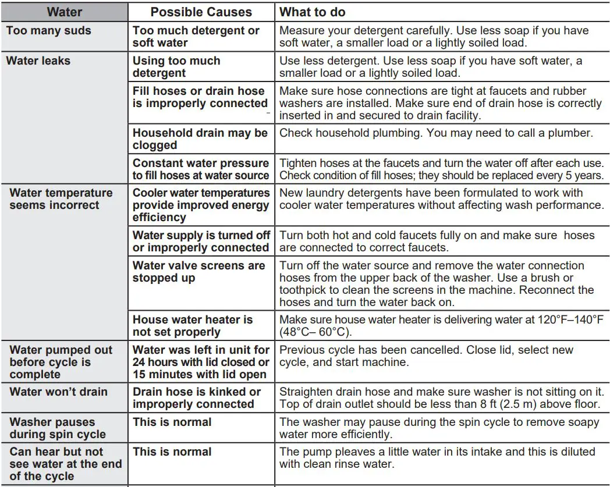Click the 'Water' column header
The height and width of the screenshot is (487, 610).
click(x=64, y=12)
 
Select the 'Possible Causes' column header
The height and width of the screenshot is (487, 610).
click(x=201, y=12)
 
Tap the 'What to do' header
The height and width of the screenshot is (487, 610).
click(x=312, y=12)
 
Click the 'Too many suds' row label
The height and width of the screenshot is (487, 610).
click(x=49, y=31)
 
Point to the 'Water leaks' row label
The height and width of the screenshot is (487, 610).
click(x=38, y=61)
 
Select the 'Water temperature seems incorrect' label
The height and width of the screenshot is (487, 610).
click(x=61, y=199)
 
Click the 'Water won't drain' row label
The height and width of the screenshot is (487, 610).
click(x=58, y=392)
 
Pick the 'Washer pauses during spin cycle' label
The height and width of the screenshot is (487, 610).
click(x=58, y=428)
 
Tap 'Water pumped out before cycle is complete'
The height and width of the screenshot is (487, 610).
click(x=61, y=362)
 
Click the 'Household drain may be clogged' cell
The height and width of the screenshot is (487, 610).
click(x=200, y=139)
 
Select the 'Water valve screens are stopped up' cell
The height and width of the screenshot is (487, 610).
click(x=198, y=272)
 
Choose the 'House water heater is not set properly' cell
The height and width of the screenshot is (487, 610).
click(x=192, y=326)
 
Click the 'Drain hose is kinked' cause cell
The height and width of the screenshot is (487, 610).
click(x=196, y=398)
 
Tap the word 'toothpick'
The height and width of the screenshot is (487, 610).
click(x=307, y=290)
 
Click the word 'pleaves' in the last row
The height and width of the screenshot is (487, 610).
click(x=348, y=452)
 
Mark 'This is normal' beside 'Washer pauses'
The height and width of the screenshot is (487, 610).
click(x=172, y=422)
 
